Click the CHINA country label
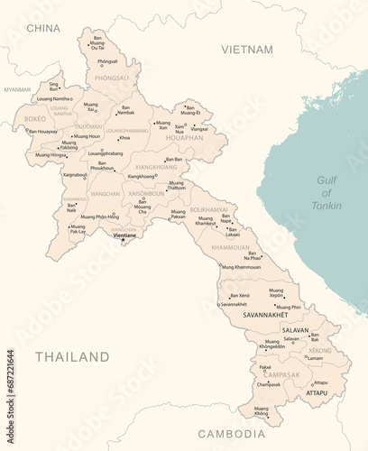click(x=43, y=28)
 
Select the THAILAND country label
click(x=72, y=357)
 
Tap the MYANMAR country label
click(x=17, y=90)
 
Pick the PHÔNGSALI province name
click(x=112, y=78)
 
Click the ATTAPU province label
click(x=317, y=393)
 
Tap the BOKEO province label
click(x=35, y=118)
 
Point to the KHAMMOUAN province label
click(x=230, y=246)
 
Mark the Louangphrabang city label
click(x=106, y=153)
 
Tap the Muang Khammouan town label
click(x=242, y=267)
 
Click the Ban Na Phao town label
click(x=254, y=255)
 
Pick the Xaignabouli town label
click(x=75, y=175)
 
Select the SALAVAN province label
click(x=296, y=330)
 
